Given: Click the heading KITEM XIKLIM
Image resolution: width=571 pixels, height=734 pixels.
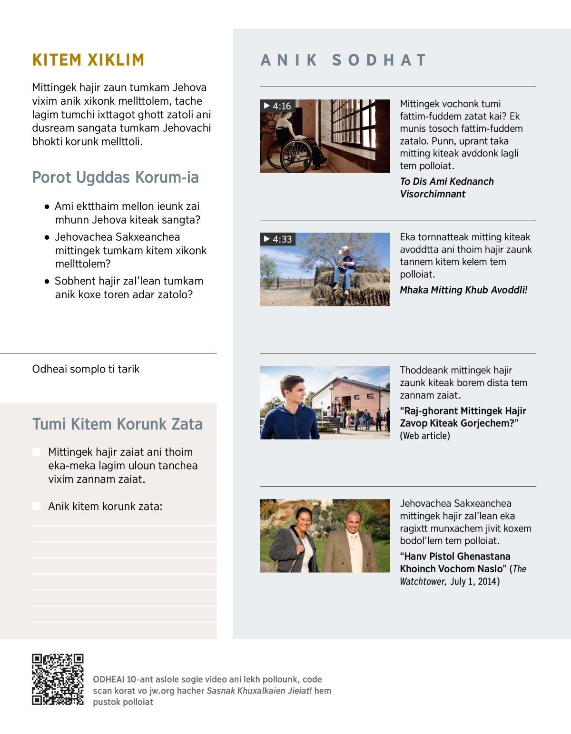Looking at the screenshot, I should (x=88, y=60).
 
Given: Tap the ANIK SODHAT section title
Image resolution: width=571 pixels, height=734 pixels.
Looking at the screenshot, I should (x=343, y=60).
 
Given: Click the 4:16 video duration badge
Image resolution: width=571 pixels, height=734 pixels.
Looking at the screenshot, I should (x=277, y=106).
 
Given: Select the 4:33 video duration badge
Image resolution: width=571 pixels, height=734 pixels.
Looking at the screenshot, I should (x=278, y=239).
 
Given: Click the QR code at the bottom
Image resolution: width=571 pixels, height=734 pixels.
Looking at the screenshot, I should (x=58, y=679).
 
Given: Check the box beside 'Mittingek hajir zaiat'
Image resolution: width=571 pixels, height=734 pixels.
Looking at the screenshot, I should (x=37, y=452).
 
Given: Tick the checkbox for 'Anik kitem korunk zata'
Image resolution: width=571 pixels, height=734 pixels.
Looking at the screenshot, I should (x=37, y=506).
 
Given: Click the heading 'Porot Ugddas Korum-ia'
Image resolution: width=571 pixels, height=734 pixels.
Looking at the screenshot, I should (x=115, y=177).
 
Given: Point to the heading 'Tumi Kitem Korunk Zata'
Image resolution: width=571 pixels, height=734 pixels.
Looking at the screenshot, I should (x=117, y=424).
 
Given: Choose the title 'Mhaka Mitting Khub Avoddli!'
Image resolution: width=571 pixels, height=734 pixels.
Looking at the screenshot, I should (x=463, y=290).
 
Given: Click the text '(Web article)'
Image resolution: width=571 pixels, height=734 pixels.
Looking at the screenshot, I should (x=424, y=436).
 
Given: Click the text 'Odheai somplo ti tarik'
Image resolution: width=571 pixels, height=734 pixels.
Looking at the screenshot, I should (x=86, y=369).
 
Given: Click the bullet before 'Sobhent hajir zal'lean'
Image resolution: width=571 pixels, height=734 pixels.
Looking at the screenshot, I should (x=47, y=281).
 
